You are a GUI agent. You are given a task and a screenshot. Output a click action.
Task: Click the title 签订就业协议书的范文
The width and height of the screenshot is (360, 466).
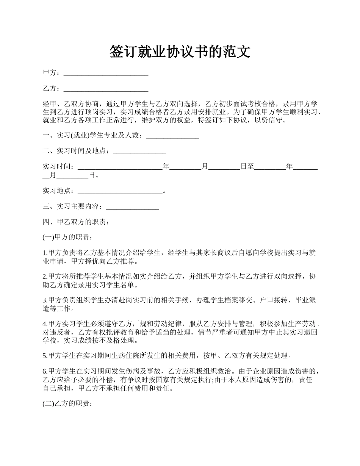(x=180, y=52)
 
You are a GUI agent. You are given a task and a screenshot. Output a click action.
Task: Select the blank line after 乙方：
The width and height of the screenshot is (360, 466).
(x=106, y=89)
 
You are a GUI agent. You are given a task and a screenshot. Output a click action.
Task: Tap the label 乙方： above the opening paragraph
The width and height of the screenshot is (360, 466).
(x=51, y=89)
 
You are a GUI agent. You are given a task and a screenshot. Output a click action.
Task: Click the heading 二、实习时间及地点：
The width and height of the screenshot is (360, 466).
(x=78, y=151)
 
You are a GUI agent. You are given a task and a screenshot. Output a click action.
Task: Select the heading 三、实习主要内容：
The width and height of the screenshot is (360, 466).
(x=74, y=206)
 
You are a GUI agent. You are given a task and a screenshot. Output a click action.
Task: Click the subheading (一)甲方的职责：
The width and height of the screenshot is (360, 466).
(x=67, y=238)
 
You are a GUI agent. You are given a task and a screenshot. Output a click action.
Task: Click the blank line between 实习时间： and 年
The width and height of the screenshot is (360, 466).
(x=120, y=167)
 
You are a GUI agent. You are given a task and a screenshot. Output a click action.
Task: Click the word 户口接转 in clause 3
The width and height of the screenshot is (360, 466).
(x=272, y=300)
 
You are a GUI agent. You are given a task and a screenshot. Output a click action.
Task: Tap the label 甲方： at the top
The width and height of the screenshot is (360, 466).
(x=51, y=73)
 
